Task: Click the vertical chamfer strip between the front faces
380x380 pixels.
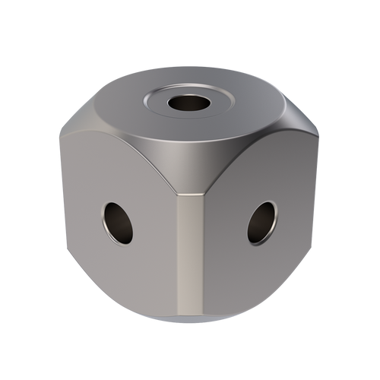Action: tap(190, 251)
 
